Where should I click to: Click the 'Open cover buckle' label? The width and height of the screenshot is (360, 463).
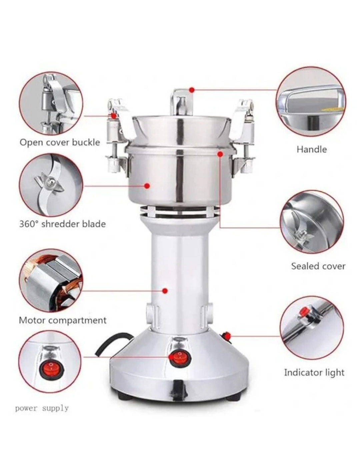[60, 142]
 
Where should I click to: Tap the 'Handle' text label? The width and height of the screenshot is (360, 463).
[312, 149]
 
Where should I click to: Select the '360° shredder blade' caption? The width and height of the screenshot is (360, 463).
[62, 224]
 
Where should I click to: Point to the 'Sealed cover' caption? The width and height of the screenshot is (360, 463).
[318, 266]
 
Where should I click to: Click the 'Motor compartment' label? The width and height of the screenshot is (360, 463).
[63, 320]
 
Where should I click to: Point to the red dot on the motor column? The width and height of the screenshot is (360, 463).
[165, 291]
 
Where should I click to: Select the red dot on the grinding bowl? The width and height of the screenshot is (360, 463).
[147, 186]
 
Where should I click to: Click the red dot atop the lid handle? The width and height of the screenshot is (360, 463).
[192, 90]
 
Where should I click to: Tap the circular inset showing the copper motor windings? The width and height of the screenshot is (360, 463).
[51, 280]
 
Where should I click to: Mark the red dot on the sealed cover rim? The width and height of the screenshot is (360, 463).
[220, 154]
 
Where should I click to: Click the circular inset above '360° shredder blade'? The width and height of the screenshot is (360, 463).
[51, 185]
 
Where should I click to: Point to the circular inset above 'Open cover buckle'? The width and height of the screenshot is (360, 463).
[51, 103]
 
